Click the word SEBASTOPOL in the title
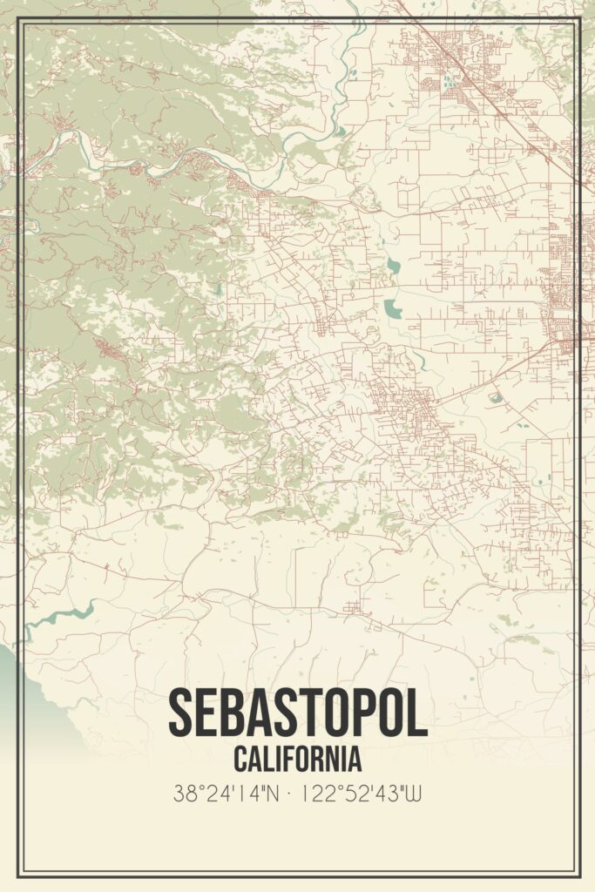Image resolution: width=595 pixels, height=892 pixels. [x=297, y=713]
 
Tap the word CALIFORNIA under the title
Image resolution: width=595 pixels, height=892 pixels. [x=297, y=759]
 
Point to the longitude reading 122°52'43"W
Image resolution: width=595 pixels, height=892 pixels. [x=362, y=794]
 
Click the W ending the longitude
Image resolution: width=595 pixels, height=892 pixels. [x=414, y=794]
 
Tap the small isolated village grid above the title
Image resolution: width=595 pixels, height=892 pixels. [x=353, y=606]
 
